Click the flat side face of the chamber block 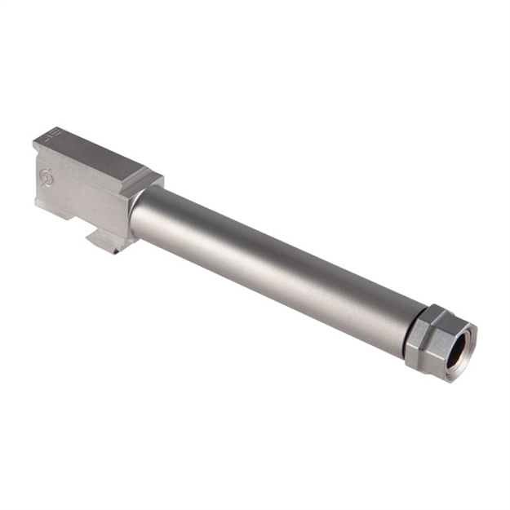click(82, 196)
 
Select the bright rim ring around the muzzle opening click(468, 330)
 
